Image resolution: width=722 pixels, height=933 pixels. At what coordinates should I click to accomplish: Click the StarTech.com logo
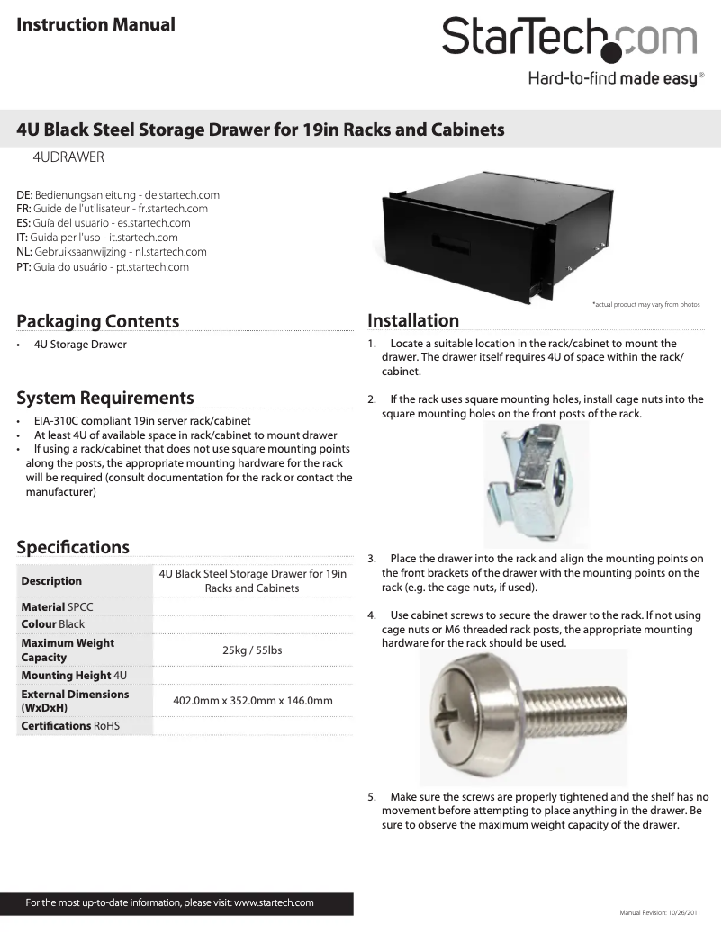click(569, 39)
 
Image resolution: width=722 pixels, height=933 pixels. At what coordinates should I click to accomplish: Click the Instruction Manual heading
click(95, 24)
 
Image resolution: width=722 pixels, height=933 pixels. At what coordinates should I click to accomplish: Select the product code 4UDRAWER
click(68, 157)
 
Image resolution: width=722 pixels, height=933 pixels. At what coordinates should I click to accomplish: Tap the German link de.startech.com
click(182, 194)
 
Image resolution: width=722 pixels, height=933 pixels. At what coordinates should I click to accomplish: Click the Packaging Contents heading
click(98, 321)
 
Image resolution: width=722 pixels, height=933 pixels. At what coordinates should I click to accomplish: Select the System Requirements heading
click(105, 398)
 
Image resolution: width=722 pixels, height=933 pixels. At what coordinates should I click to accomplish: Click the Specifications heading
click(73, 547)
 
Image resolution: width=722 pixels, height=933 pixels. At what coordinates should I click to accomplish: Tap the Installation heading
click(413, 320)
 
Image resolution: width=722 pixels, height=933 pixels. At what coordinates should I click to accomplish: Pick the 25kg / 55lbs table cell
click(252, 650)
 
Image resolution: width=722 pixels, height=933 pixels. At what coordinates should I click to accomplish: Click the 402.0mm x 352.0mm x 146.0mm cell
click(252, 701)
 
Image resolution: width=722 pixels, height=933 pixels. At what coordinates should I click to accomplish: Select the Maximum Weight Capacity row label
click(68, 650)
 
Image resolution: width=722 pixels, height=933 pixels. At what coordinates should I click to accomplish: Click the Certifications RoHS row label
click(70, 725)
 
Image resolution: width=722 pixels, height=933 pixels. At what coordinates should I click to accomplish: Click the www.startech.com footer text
click(274, 902)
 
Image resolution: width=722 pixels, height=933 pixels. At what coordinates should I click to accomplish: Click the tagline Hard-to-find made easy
click(611, 79)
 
